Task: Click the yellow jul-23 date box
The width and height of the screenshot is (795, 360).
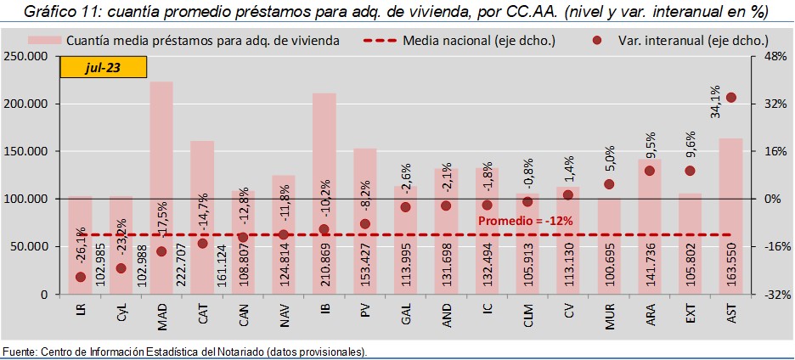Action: (x=103, y=69)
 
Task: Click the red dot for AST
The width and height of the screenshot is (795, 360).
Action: (x=730, y=98)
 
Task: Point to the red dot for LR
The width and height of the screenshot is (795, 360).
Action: (x=81, y=277)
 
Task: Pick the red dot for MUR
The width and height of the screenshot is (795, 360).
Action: (x=609, y=184)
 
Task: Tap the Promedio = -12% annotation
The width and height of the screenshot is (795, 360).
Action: (x=525, y=221)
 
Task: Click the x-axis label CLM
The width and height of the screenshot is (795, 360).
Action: (x=527, y=316)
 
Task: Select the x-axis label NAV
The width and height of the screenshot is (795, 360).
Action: (x=285, y=316)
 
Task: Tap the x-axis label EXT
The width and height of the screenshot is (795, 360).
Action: (x=690, y=316)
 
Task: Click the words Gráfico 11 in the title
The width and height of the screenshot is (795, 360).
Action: (x=59, y=12)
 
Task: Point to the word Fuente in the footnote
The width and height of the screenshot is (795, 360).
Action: (x=20, y=352)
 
